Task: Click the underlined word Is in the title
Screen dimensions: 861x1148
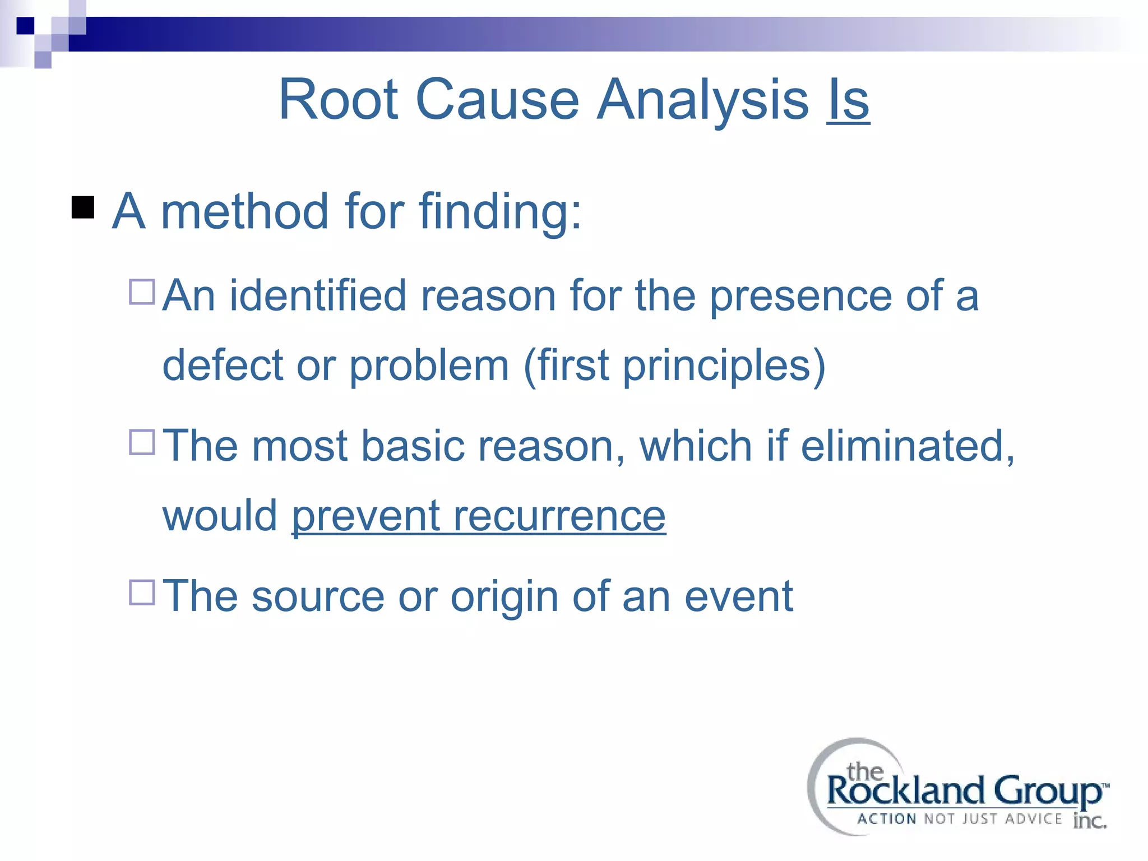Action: coord(848,100)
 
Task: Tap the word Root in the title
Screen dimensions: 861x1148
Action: coord(338,100)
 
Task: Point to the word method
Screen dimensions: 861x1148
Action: coord(244,212)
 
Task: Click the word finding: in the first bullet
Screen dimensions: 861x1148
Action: coord(501,212)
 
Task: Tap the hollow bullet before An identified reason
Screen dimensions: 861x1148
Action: coord(142,292)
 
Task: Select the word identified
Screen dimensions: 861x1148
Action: coord(318,295)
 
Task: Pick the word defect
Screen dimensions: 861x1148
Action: coord(222,365)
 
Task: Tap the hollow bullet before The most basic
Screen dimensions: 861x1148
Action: coord(142,442)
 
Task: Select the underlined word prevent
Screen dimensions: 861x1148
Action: coord(365,516)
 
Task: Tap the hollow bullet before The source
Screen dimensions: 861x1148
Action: coord(142,592)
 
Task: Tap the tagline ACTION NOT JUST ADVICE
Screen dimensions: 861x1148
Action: coord(959,819)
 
